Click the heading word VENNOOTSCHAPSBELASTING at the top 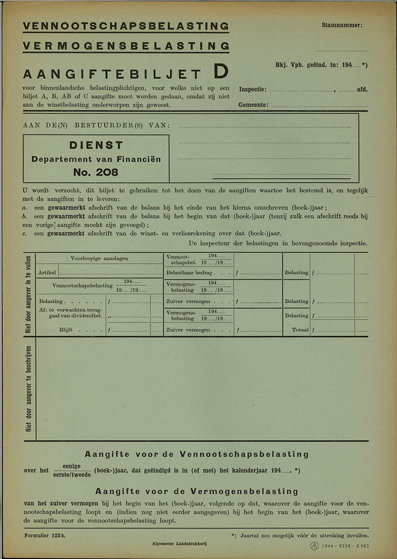(126, 26)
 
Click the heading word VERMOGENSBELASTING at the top (126, 46)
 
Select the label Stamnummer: (342, 25)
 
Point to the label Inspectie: (252, 89)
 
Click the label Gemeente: (253, 105)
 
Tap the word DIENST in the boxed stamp (96, 145)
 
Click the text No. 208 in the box (96, 172)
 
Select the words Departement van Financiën (96, 159)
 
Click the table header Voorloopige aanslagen (99, 258)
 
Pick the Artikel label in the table (47, 273)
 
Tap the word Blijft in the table (66, 330)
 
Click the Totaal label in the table (300, 330)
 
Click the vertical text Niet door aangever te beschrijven (29, 388)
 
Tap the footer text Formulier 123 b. (44, 536)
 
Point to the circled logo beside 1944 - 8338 (314, 546)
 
